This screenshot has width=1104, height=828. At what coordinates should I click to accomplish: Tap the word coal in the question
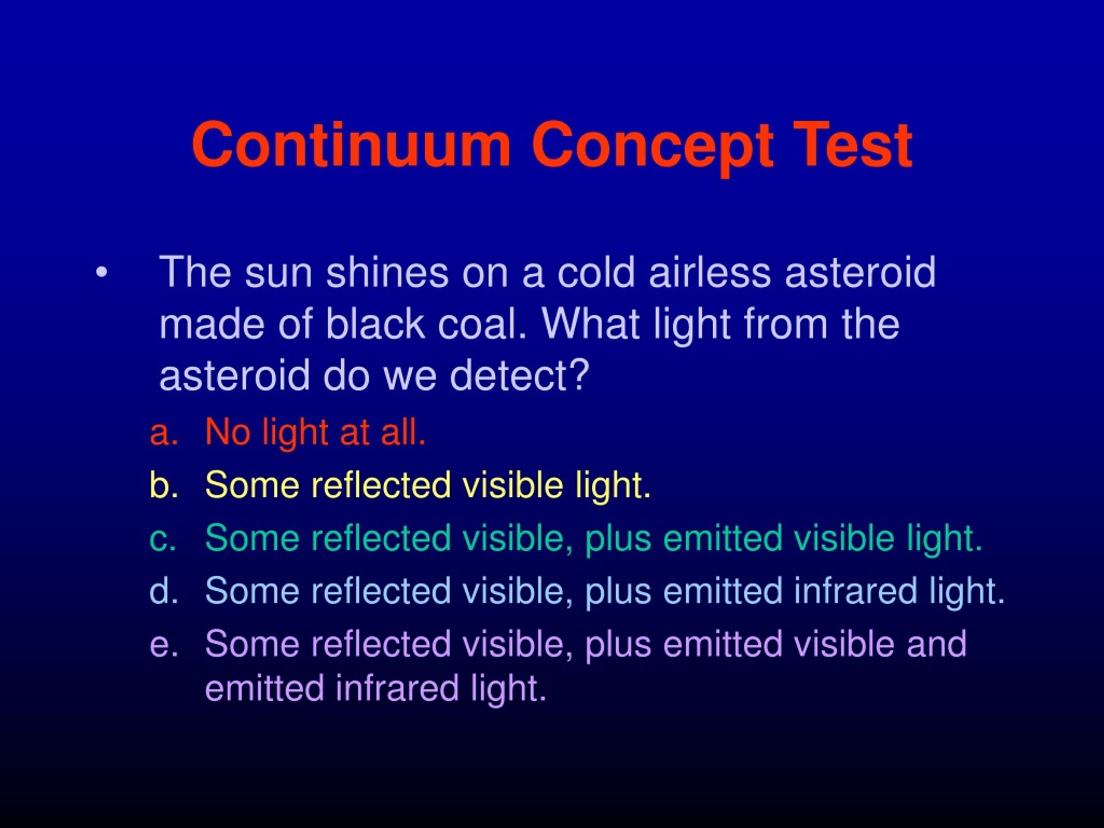(x=482, y=324)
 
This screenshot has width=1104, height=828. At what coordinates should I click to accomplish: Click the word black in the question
(x=375, y=324)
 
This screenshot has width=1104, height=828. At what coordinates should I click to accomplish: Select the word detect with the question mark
(x=520, y=375)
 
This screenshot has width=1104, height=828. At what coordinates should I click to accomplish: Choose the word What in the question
(x=590, y=324)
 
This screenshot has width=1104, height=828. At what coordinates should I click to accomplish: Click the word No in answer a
(x=228, y=432)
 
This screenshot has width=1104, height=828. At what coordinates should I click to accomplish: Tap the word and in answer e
(x=937, y=643)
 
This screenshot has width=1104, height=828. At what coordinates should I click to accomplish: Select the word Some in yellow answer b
(x=252, y=485)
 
